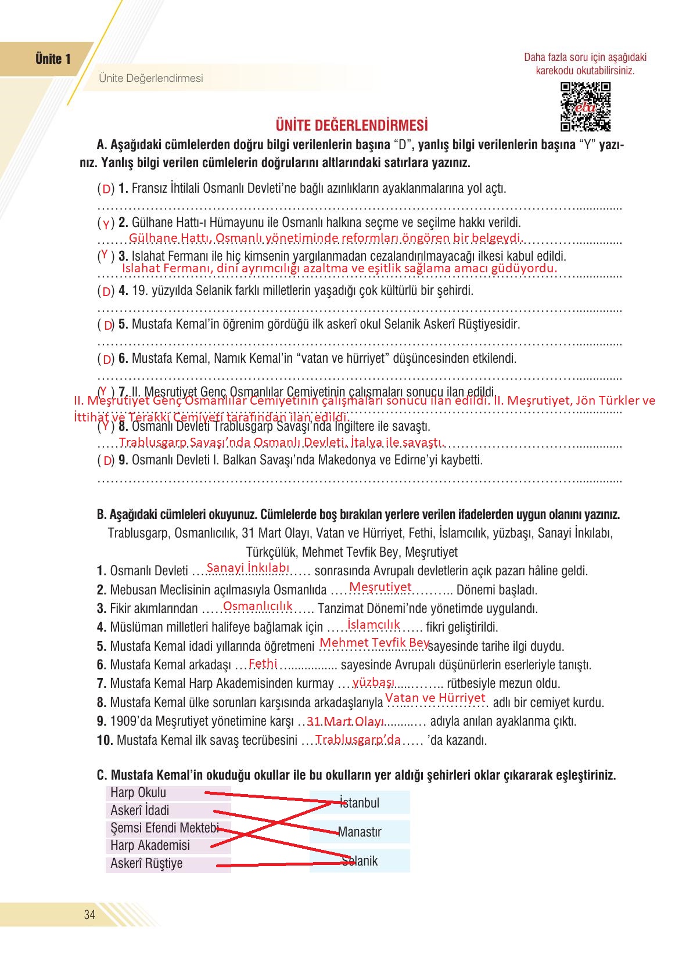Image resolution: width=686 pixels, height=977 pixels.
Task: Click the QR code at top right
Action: pos(585,107)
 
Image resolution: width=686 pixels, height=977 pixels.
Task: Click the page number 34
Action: pos(89,915)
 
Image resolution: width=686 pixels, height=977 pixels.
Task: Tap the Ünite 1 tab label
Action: pos(53,59)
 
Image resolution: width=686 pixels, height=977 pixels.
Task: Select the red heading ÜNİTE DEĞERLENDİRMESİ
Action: pos(351,125)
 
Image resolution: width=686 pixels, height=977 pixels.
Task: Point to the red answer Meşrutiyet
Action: pos(380,587)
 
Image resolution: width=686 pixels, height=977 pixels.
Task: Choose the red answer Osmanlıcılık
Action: pos(258,606)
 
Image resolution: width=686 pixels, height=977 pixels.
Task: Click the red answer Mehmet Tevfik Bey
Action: pos(375,643)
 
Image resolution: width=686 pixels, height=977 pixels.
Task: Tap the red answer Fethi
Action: pos(263,664)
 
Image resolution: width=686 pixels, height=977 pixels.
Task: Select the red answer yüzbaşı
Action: pos(373,682)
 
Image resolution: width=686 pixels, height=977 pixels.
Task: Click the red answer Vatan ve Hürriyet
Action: pos(435,698)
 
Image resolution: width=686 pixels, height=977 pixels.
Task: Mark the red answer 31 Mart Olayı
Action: pos(346,722)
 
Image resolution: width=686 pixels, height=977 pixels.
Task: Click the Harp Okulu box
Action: pos(168,793)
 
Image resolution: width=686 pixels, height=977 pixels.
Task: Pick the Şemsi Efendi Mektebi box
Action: pos(168,828)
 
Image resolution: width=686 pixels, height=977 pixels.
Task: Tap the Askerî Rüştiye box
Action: pos(168,864)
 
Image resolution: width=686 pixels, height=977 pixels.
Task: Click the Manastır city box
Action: pos(360,832)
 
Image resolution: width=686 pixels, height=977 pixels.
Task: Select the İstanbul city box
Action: pos(360,802)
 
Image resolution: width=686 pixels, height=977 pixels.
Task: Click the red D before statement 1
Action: pos(106,189)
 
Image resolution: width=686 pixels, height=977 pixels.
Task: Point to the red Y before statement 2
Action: pos(106,224)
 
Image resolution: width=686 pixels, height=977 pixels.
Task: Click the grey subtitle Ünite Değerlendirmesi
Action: pos(151,78)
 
